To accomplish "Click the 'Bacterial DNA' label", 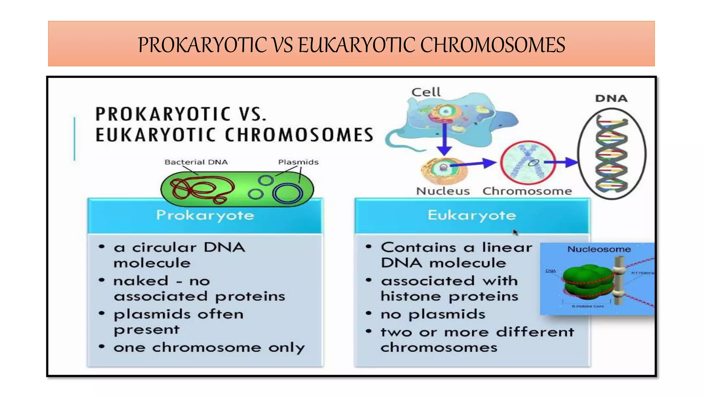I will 196,162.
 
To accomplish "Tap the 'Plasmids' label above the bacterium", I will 298,162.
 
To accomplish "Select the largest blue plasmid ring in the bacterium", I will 288,194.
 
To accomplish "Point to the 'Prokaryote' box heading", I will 205,215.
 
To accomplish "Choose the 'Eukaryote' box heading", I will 472,215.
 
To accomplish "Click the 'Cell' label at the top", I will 426,92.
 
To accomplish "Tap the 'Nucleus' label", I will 443,191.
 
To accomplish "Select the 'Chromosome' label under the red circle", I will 527,191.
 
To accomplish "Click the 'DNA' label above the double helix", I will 611,99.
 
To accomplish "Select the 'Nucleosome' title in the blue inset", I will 599,249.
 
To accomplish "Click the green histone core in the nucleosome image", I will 587,280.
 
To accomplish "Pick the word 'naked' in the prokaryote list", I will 141,281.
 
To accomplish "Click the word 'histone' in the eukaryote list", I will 411,296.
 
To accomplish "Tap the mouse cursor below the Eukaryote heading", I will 515,233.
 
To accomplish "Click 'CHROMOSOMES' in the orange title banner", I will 493,45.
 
